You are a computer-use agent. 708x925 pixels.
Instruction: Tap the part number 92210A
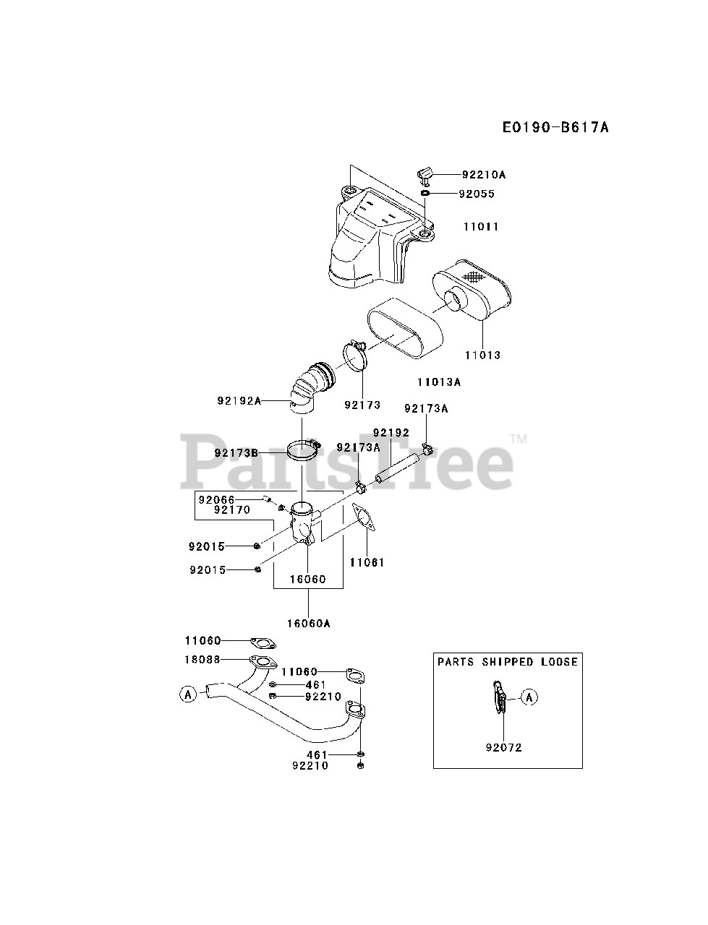pos(486,174)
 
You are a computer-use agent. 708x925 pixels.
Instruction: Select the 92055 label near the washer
pos(477,194)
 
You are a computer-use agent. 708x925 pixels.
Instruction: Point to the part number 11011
pos(481,226)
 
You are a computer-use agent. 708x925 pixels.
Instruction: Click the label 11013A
pos(439,381)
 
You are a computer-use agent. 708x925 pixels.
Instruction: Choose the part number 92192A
pos(239,400)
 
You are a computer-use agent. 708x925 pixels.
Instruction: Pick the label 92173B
pos(236,453)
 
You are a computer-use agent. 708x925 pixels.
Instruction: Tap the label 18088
pos(202,659)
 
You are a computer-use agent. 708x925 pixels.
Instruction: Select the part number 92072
pos(503,747)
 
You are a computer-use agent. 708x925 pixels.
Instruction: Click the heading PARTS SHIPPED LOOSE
pos(508,661)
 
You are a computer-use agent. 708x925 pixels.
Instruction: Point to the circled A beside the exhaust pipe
pos(188,694)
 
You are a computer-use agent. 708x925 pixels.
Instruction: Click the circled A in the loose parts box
pos(530,697)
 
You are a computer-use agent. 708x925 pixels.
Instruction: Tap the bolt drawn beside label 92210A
pos(425,175)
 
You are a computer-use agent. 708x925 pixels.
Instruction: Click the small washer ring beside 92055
pos(425,194)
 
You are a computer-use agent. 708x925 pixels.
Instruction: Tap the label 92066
pos(215,499)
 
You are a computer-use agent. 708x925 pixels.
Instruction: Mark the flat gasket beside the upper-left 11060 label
pos(263,642)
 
